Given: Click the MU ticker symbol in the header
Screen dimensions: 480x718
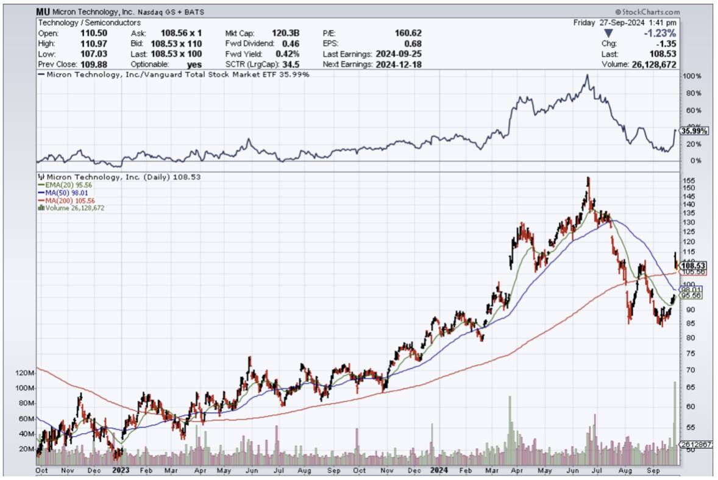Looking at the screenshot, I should click(x=43, y=12).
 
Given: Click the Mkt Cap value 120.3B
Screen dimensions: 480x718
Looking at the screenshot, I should click(x=286, y=33).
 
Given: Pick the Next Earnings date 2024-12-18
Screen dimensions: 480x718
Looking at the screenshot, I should click(x=396, y=64).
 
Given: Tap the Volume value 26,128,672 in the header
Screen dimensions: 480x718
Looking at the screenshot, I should click(x=651, y=64).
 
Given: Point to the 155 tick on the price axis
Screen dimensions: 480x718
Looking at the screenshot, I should click(x=689, y=181).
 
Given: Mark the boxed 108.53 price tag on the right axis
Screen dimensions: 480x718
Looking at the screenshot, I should click(x=694, y=266).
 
